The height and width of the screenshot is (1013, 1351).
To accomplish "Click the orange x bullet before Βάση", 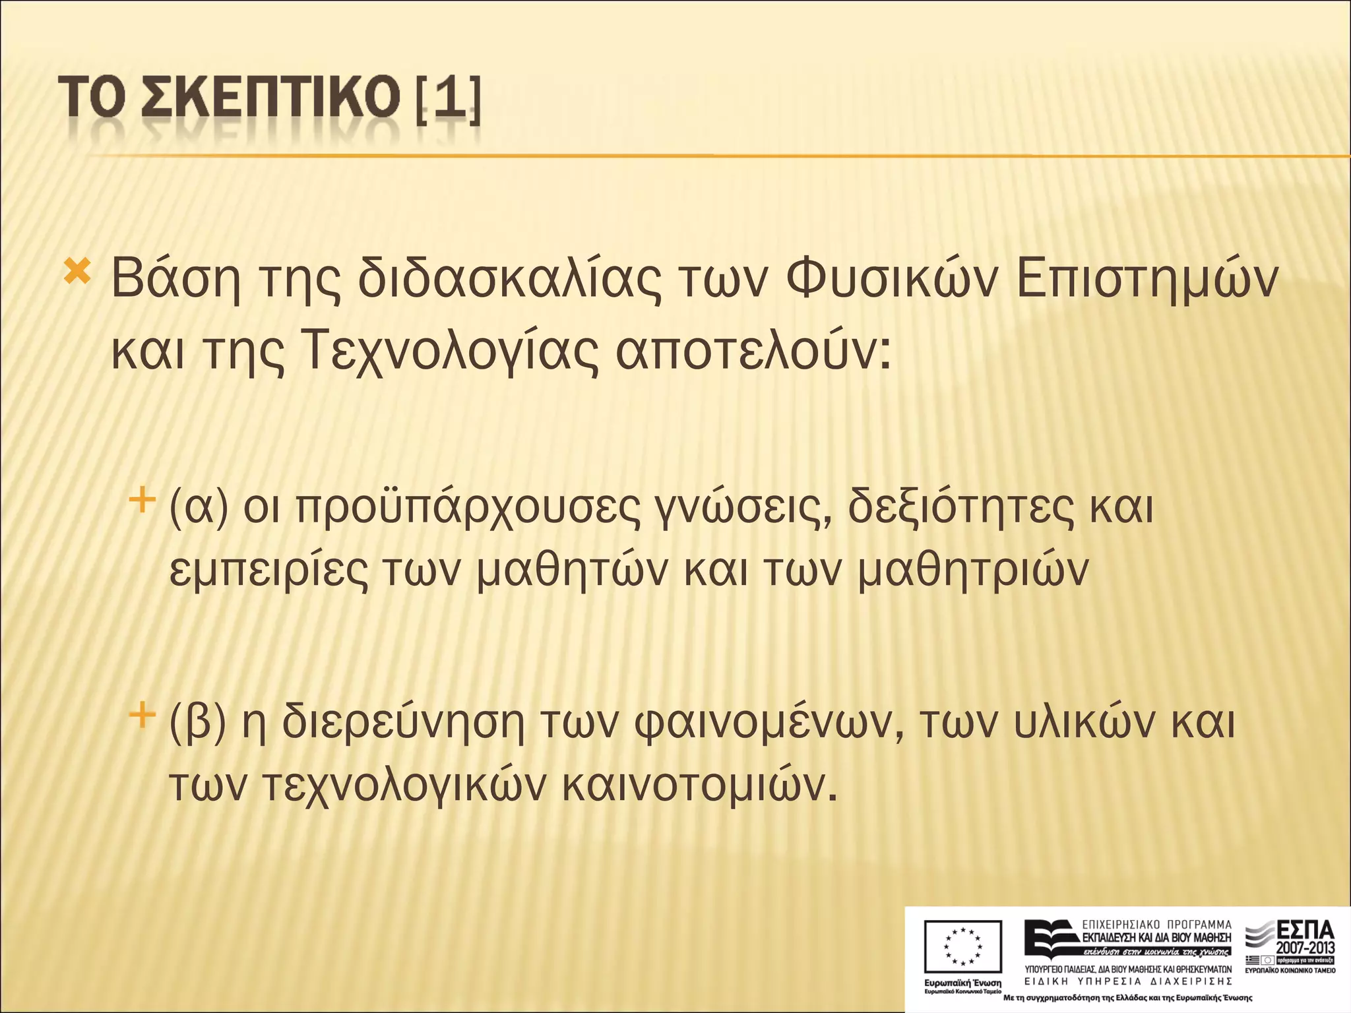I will click(x=77, y=271).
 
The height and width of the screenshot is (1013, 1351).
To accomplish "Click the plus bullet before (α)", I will click(x=142, y=500).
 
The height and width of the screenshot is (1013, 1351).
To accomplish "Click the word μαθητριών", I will click(x=973, y=571).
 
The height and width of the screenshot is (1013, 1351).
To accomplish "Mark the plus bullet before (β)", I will click(x=142, y=714).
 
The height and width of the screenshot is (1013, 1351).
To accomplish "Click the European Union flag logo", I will click(x=962, y=947).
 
